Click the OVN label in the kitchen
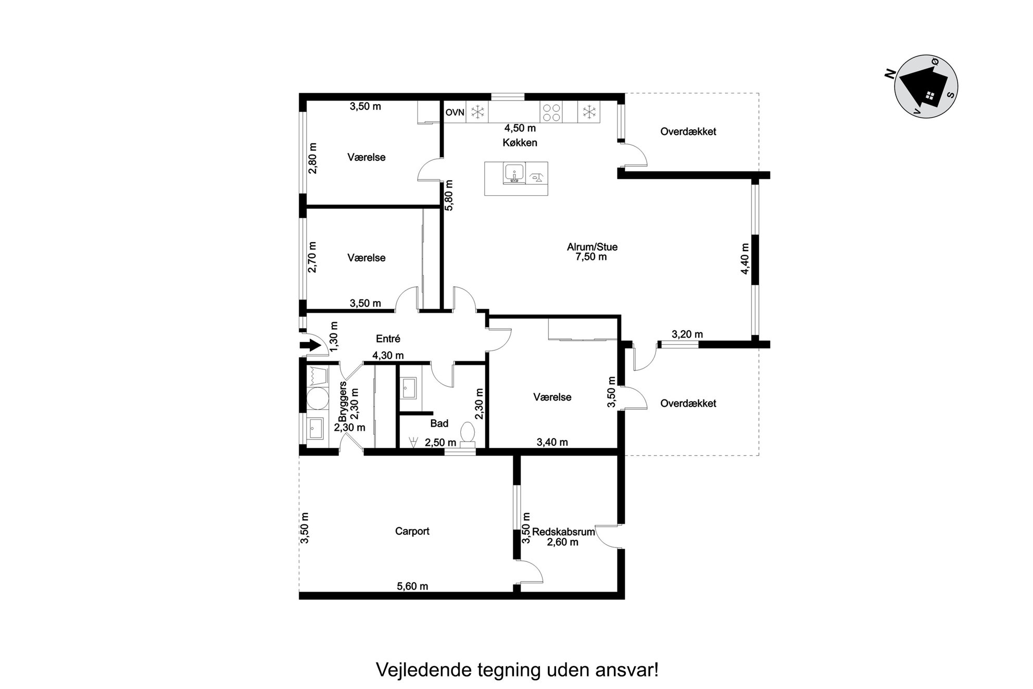[455, 112]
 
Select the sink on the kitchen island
[514, 173]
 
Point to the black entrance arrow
[310, 345]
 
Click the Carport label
[412, 531]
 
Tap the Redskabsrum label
[563, 532]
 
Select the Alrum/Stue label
[592, 247]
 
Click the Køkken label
[520, 142]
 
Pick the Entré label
[388, 339]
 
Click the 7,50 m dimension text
[591, 257]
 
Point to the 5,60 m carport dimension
[412, 586]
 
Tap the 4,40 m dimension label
[745, 259]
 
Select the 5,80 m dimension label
[449, 195]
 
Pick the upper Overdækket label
[688, 132]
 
